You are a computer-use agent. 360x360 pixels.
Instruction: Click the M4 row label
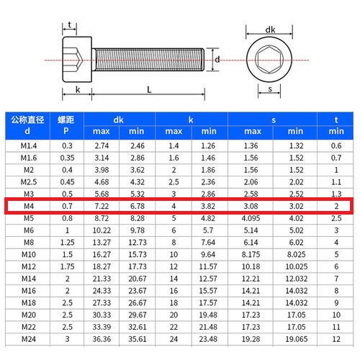pyautogui.click(x=29, y=206)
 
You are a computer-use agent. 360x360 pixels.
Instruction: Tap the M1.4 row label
pyautogui.click(x=29, y=145)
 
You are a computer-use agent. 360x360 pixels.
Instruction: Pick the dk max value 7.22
pyautogui.click(x=101, y=206)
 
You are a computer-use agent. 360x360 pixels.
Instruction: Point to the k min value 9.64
pyautogui.click(x=208, y=255)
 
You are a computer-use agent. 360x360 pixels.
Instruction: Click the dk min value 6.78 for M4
pyautogui.click(x=137, y=206)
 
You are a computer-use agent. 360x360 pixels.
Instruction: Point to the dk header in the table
pyautogui.click(x=119, y=119)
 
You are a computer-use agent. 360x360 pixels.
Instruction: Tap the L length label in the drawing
pyautogui.click(x=148, y=90)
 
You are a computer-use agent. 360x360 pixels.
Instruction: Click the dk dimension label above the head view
pyautogui.click(x=271, y=30)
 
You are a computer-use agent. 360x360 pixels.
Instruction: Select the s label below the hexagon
pyautogui.click(x=269, y=89)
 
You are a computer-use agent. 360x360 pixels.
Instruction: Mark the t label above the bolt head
pyautogui.click(x=69, y=26)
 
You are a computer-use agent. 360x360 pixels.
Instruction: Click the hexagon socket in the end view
pyautogui.click(x=270, y=60)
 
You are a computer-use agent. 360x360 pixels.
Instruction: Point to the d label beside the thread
pyautogui.click(x=217, y=60)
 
